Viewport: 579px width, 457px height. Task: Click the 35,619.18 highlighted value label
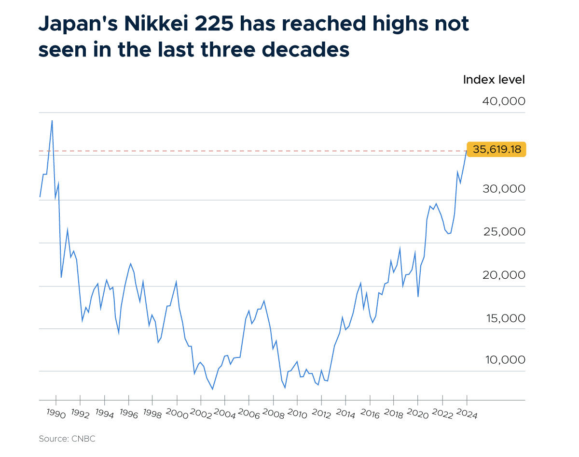[496, 149]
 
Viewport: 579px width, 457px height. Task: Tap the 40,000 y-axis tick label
[503, 101]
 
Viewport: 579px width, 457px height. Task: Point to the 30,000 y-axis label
[503, 189]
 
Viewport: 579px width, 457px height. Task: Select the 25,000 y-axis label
[503, 232]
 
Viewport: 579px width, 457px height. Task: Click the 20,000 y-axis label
[503, 275]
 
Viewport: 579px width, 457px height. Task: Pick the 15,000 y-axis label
[503, 318]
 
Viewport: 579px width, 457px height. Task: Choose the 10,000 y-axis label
[503, 360]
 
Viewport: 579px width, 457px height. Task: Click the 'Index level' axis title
[494, 80]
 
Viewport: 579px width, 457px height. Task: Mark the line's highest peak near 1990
[52, 120]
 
